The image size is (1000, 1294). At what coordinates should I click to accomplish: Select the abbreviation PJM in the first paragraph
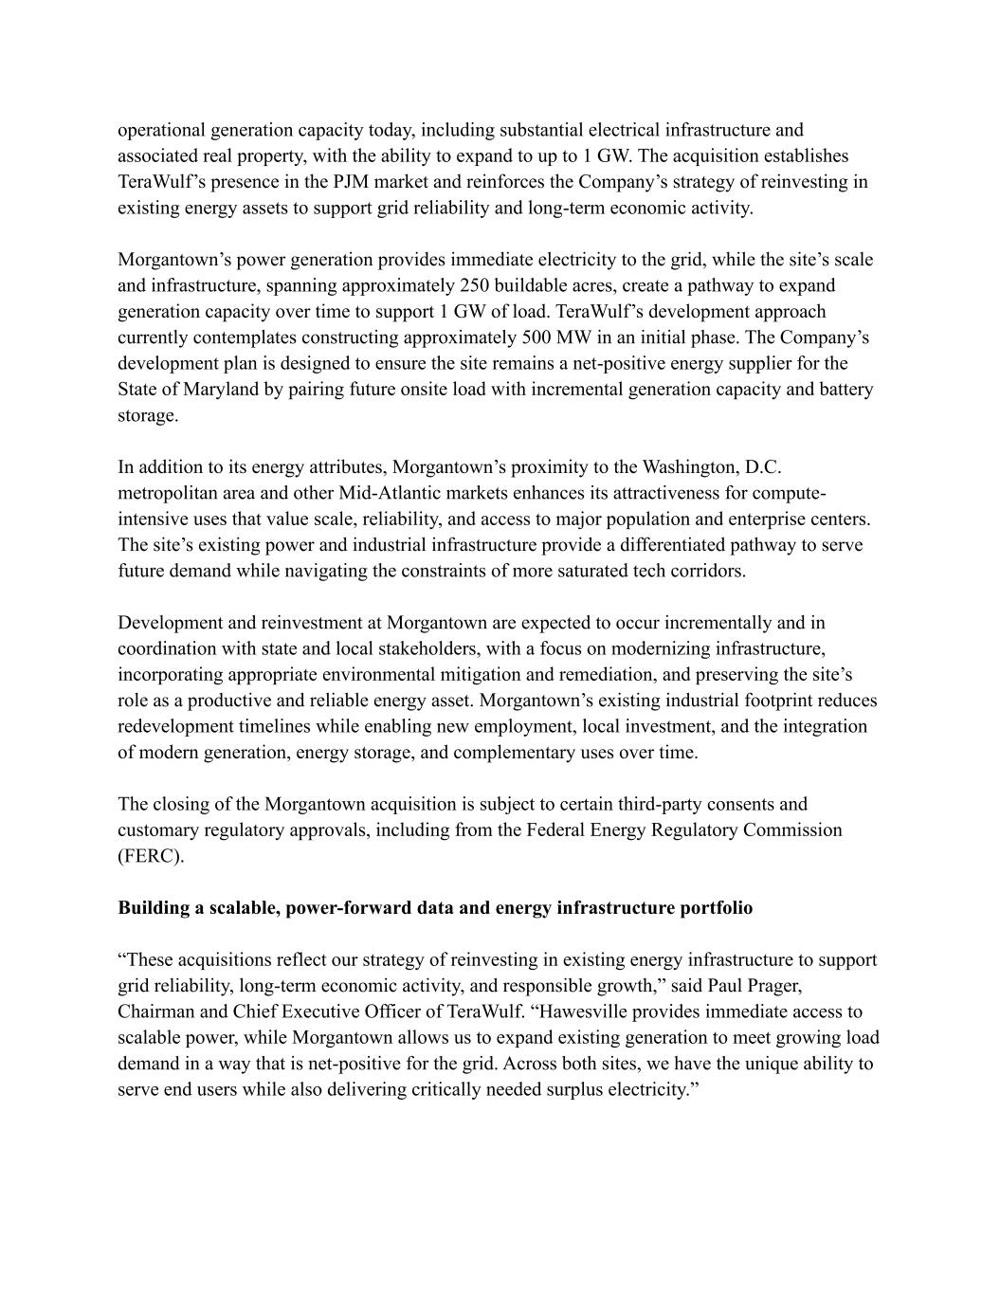(x=353, y=182)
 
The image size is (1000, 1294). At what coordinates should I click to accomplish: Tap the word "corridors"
(x=705, y=571)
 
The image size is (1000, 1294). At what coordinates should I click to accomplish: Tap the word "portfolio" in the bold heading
(x=716, y=908)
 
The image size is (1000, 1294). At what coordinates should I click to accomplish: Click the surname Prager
(x=773, y=986)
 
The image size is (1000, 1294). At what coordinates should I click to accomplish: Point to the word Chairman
(x=155, y=1012)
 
